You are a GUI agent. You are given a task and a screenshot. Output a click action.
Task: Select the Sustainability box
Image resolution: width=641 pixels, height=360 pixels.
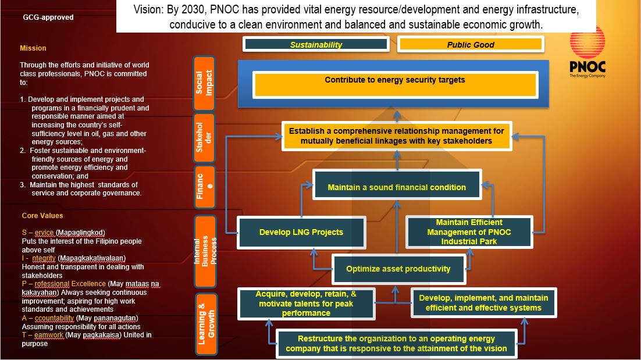pyautogui.click(x=316, y=44)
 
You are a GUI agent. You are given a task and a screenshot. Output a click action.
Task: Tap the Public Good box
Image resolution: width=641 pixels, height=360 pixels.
pyautogui.click(x=471, y=44)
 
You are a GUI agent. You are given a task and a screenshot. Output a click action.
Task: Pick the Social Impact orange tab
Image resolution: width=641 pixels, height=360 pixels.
pyautogui.click(x=204, y=83)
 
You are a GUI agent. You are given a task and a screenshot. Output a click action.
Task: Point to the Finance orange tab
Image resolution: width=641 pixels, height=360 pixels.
pyautogui.click(x=204, y=186)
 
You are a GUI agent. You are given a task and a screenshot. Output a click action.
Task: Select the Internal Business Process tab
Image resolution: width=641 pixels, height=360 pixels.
pyautogui.click(x=205, y=251)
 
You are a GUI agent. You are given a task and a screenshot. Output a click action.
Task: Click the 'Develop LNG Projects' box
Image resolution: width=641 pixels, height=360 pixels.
pyautogui.click(x=301, y=232)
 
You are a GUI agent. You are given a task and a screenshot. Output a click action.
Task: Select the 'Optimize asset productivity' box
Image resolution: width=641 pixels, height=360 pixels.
pyautogui.click(x=398, y=269)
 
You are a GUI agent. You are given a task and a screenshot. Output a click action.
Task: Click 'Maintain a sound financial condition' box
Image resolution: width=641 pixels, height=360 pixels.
pyautogui.click(x=397, y=187)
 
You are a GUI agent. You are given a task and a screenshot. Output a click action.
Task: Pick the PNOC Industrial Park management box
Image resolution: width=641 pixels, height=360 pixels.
pyautogui.click(x=469, y=231)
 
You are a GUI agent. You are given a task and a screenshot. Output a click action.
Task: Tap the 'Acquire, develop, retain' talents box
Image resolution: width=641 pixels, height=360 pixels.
pyautogui.click(x=306, y=304)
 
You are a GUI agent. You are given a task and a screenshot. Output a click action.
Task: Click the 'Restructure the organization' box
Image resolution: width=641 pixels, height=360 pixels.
pyautogui.click(x=396, y=343)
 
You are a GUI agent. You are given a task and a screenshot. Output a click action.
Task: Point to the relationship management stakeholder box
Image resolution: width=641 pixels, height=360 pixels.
pyautogui.click(x=396, y=136)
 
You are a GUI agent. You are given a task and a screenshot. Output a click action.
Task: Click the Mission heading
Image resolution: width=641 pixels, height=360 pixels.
pyautogui.click(x=33, y=48)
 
